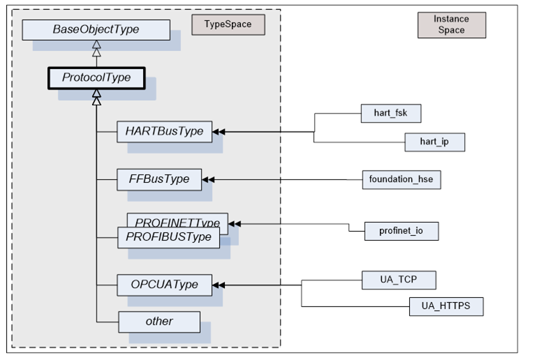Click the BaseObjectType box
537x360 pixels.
coord(96,30)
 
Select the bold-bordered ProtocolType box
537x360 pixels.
coord(96,77)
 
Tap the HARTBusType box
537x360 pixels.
coord(164,131)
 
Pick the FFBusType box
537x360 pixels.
coord(159,179)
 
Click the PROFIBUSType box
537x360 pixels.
coord(168,237)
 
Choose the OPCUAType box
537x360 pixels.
coord(164,285)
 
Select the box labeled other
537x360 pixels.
coord(159,322)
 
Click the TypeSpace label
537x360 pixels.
coord(228,24)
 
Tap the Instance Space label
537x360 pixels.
coord(451,24)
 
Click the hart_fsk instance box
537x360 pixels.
coord(392,113)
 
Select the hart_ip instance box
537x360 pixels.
coord(434,142)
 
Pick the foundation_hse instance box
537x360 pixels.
coord(402,179)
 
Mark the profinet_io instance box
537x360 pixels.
coord(402,231)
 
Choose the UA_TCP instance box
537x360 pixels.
coord(399,280)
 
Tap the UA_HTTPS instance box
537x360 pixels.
coord(446,306)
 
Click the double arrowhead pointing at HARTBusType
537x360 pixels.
coord(219,131)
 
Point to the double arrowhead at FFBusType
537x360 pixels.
coord(207,179)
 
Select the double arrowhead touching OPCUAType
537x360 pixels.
coord(219,285)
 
